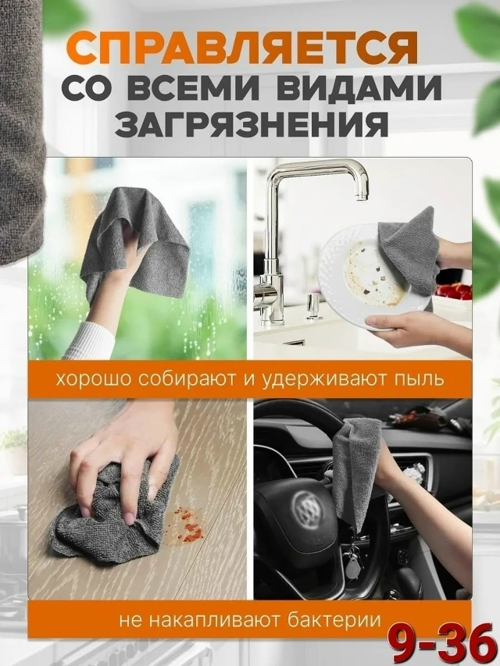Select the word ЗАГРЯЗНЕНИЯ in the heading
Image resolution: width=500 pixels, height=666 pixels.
coord(252,124)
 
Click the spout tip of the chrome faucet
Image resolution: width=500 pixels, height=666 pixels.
coord(362,196)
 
